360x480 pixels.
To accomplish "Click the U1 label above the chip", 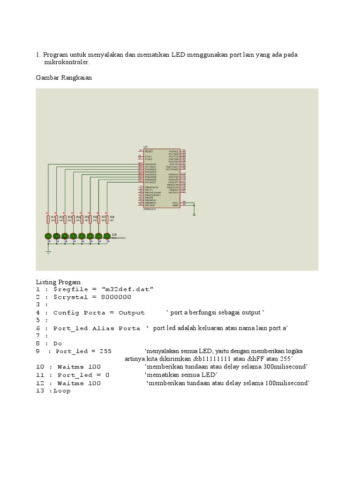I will [145, 147].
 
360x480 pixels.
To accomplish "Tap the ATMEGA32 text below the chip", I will [150, 209].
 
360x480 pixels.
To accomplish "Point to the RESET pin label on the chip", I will [149, 151].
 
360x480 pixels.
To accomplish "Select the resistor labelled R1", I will [48, 219].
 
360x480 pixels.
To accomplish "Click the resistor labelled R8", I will [107, 219].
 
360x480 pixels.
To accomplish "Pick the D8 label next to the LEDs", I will [115, 234].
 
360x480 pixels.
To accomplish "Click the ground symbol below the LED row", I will [48, 252].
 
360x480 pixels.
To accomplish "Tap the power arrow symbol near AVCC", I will [194, 213].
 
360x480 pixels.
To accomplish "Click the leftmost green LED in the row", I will [48, 236].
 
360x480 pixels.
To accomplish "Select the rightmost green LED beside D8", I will [107, 236].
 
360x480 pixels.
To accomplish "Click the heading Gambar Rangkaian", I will [64, 78].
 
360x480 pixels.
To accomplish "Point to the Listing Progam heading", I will [59, 282].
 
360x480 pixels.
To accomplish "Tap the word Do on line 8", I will [58, 343].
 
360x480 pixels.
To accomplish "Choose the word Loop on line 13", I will [62, 390].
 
